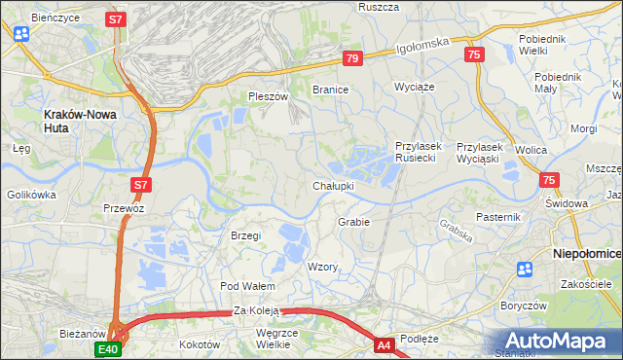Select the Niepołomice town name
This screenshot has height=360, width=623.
[587, 252]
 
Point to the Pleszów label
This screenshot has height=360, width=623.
[269, 97]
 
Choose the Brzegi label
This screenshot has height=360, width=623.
[245, 235]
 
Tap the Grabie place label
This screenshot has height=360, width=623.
[353, 222]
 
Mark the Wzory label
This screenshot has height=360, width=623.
[322, 267]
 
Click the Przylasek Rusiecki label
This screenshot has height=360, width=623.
[420, 153]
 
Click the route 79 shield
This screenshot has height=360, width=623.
[352, 59]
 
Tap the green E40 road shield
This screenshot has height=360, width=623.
[107, 348]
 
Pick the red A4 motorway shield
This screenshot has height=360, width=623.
[385, 344]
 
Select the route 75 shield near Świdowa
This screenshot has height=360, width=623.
[549, 180]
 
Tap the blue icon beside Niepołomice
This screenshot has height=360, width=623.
[526, 270]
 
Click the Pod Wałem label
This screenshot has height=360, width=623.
[248, 286]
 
